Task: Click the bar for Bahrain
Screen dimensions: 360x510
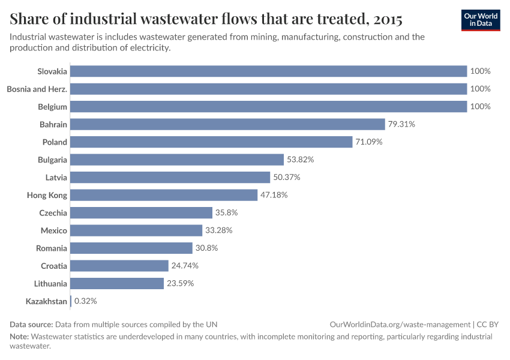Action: (x=227, y=124)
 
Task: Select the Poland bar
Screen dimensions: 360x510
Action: (x=211, y=142)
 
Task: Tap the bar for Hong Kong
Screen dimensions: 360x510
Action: (x=164, y=195)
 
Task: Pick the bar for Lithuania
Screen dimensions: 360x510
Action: (x=117, y=283)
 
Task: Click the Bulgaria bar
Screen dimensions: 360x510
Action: (x=177, y=160)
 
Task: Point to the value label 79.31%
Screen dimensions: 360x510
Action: (x=401, y=124)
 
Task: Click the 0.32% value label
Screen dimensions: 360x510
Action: (x=85, y=301)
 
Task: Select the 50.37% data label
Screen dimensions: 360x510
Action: (x=286, y=178)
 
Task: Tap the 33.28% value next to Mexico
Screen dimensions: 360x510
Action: (x=218, y=230)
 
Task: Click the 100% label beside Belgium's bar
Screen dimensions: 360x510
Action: (x=481, y=107)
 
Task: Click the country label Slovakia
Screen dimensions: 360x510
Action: (x=52, y=71)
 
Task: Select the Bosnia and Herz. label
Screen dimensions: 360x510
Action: (x=37, y=89)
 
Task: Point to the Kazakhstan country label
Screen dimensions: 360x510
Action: (x=46, y=301)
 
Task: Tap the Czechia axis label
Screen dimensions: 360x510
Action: (x=53, y=213)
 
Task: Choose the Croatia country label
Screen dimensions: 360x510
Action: (x=54, y=266)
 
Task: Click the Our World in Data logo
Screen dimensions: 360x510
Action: (x=481, y=20)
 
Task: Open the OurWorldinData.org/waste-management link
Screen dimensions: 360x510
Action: (x=400, y=324)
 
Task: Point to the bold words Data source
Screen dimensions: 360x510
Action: (x=31, y=324)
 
